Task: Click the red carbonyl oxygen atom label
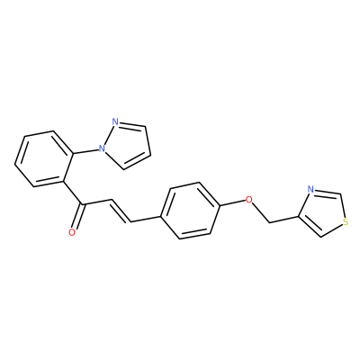pyautogui.click(x=72, y=232)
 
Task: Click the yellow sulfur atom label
pyautogui.click(x=346, y=222)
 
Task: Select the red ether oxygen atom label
pyautogui.click(x=248, y=199)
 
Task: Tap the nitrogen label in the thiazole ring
pyautogui.click(x=310, y=190)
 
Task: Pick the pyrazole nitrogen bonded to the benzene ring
pyautogui.click(x=102, y=148)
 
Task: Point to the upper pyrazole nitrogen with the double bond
pyautogui.click(x=114, y=121)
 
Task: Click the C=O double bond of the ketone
pyautogui.click(x=77, y=216)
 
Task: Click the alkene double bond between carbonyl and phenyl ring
pyautogui.click(x=121, y=211)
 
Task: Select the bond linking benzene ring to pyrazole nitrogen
pyautogui.click(x=85, y=151)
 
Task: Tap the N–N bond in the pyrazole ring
pyautogui.click(x=108, y=135)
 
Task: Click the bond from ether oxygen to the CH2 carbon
pyautogui.click(x=261, y=212)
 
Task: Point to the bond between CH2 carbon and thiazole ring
pyautogui.click(x=283, y=220)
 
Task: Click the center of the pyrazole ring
pyautogui.click(x=127, y=145)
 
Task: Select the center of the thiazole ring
pyautogui.click(x=322, y=211)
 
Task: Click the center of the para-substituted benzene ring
pyautogui.click(x=190, y=211)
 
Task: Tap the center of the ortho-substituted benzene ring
pyautogui.click(x=44, y=158)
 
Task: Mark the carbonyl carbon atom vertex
pyautogui.click(x=83, y=205)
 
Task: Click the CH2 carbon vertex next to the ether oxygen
pyautogui.click(x=269, y=222)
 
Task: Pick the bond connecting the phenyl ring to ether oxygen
pyautogui.click(x=233, y=202)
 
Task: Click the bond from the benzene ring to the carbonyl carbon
pyautogui.click(x=73, y=193)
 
